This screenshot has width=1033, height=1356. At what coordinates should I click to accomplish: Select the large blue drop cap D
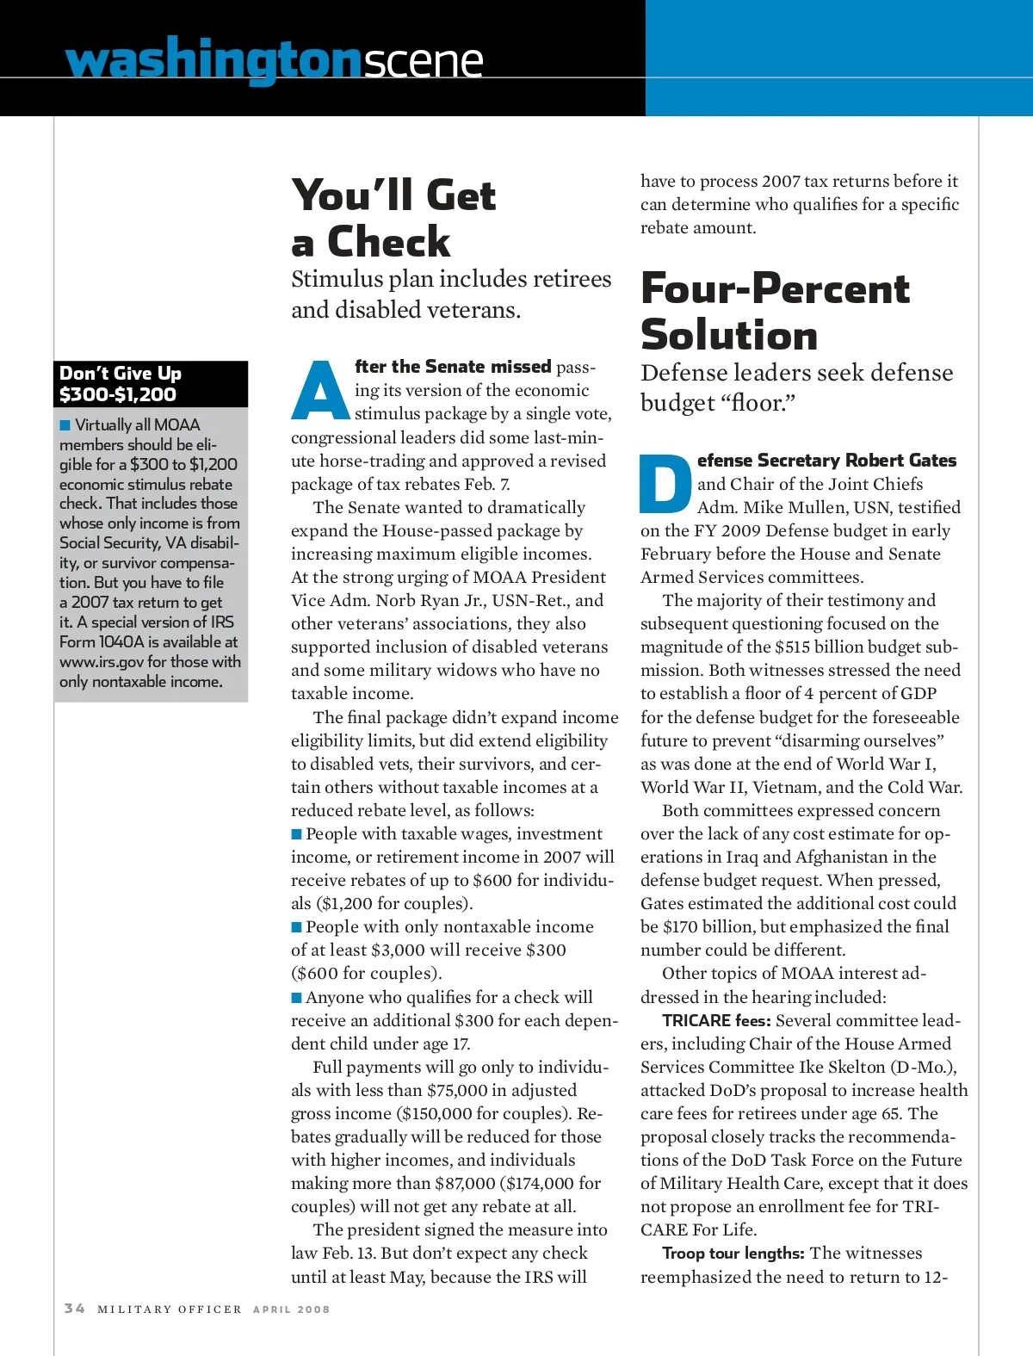[x=665, y=483]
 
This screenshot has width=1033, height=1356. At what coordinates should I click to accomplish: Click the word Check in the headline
[x=388, y=242]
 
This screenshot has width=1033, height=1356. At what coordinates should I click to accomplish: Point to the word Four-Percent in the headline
[x=775, y=288]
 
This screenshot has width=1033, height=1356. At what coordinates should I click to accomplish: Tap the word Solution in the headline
[x=729, y=335]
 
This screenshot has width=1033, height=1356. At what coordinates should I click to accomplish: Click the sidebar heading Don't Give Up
[x=121, y=374]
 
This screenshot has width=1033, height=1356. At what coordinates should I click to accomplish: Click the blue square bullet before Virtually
[x=65, y=425]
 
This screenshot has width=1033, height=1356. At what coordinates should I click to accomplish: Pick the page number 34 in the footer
[x=75, y=1309]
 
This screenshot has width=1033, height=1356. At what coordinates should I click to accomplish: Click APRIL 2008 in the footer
[x=291, y=1310]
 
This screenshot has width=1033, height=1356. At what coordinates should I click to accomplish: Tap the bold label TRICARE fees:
[x=716, y=1021]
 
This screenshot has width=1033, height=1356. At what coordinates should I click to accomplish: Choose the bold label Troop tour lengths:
[x=733, y=1254]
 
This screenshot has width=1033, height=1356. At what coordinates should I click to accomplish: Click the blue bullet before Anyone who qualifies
[x=297, y=998]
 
